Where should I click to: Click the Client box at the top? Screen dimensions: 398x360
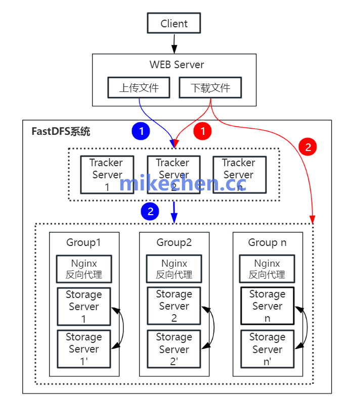coord(174,23)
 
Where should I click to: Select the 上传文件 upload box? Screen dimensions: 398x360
coord(139,87)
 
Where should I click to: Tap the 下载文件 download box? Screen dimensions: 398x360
coord(210,87)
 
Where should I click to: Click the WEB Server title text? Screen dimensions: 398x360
coord(176,65)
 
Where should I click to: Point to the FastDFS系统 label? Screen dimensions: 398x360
coord(61,132)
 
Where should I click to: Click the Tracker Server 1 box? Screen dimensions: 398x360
coord(107,174)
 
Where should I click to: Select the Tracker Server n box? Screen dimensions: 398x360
coord(239,174)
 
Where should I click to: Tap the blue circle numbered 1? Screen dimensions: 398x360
coord(142,131)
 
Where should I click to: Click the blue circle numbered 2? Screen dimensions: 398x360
coord(150,211)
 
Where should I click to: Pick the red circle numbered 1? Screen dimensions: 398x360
coord(203,131)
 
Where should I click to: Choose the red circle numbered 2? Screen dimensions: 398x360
coord(307,147)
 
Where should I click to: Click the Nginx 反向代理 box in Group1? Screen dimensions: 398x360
coord(84,269)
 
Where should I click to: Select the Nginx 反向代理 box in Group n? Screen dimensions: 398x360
coord(267,269)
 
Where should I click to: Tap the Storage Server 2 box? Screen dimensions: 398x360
coord(174,306)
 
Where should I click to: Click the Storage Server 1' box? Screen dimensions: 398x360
coord(84,349)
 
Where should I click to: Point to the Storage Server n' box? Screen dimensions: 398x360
coord(267,349)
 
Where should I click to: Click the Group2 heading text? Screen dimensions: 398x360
coord(174,242)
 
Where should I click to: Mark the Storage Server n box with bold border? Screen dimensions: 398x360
coord(267,306)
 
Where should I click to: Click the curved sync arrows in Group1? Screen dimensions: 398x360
coord(120,327)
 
